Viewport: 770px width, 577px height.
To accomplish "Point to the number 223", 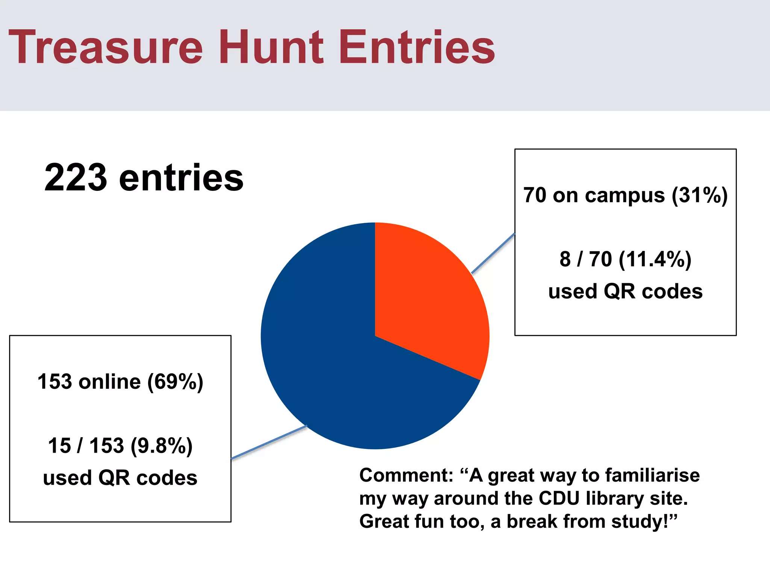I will point(76,178).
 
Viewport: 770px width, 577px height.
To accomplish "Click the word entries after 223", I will point(181,178).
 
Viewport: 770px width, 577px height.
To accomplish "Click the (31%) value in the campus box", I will point(700,195).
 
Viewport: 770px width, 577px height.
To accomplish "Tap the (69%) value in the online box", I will point(175,382).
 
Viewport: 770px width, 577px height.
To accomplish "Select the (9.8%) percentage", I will point(161,446).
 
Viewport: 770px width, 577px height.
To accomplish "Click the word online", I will point(109,382).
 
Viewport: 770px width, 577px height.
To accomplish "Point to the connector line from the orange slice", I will point(493,253).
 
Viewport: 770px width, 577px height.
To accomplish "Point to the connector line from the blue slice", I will point(269,442).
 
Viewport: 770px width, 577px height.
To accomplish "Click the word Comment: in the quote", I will point(406,476).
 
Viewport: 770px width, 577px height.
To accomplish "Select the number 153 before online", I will point(55,382).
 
